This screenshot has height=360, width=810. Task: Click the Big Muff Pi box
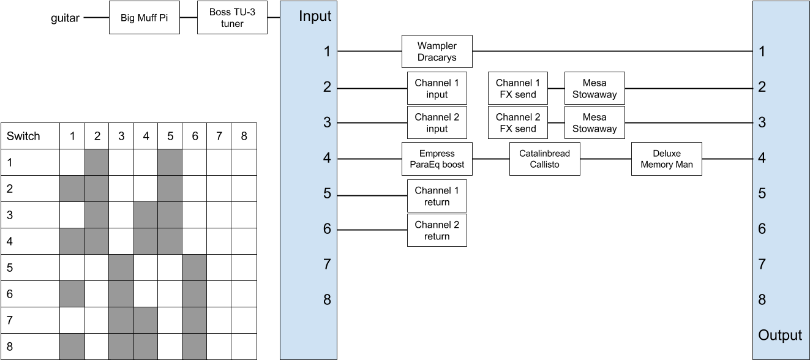[144, 17]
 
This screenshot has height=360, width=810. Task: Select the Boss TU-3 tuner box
[232, 18]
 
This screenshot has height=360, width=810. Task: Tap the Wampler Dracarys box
[437, 51]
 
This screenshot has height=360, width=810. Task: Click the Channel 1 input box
[437, 88]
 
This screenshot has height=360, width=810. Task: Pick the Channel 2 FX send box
[517, 122]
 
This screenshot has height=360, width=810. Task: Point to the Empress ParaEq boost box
[437, 159]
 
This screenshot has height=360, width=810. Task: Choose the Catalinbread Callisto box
[544, 159]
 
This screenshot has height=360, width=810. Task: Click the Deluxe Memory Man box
[666, 159]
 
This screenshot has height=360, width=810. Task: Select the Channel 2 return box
[437, 230]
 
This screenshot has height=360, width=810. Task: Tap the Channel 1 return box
[437, 196]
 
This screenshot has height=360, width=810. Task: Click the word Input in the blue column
[315, 17]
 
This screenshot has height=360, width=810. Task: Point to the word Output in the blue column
[779, 335]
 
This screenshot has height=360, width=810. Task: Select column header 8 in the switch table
[244, 136]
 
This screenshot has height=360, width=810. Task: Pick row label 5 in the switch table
[10, 268]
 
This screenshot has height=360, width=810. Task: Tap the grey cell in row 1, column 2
[97, 162]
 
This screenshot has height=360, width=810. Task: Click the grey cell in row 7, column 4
[146, 320]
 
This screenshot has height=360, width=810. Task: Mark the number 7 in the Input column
[327, 264]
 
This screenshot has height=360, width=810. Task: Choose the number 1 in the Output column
[762, 51]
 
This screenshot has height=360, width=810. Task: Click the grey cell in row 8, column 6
[195, 347]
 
